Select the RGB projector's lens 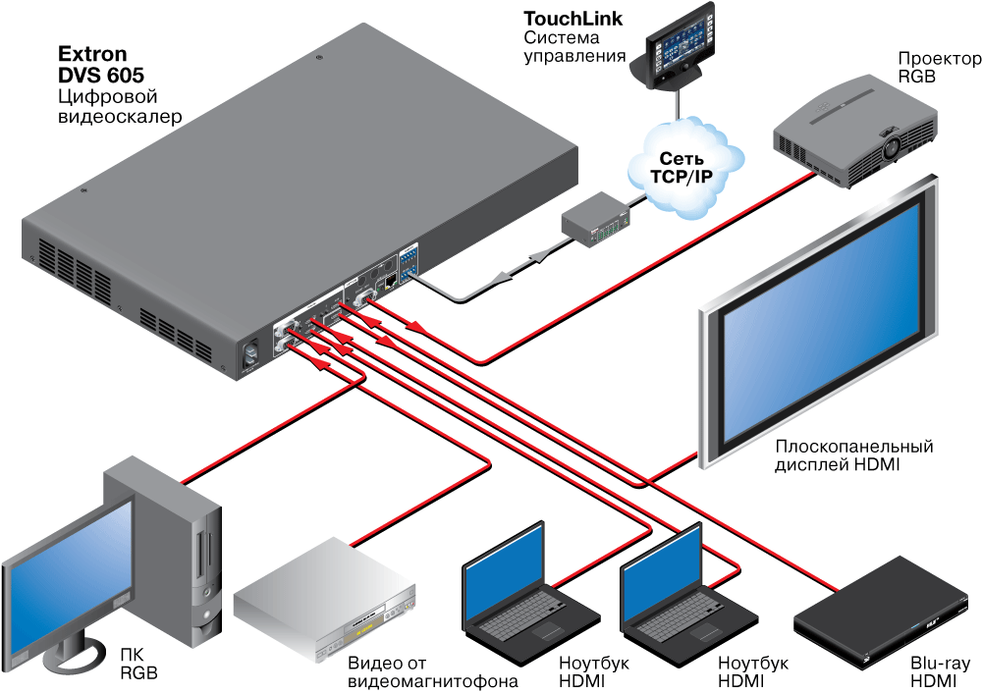(891, 147)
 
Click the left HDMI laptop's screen (503, 570)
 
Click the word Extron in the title (92, 54)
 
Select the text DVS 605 (102, 76)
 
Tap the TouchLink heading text (573, 18)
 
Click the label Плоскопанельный (852, 447)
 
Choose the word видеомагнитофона (432, 680)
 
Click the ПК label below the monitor (132, 654)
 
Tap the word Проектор (939, 59)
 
